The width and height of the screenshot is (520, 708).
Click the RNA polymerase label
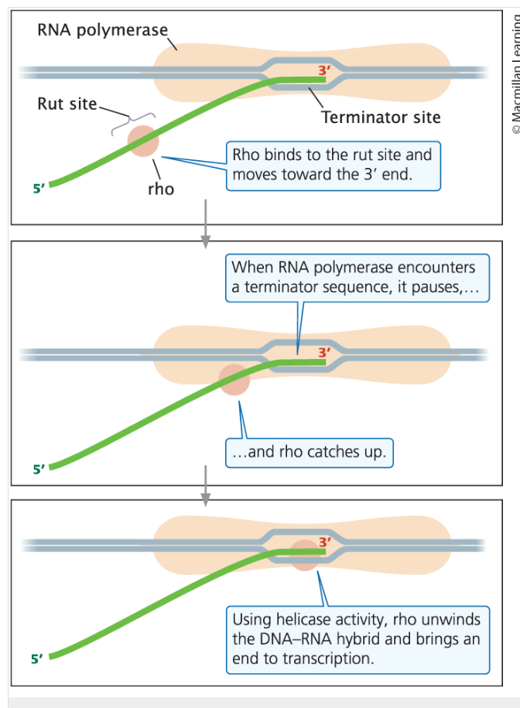point(102,30)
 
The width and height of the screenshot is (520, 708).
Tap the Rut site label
point(67,104)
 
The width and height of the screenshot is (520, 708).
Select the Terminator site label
point(381,118)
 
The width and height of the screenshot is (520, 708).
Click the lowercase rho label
point(160,188)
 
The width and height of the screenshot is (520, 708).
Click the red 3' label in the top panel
point(324,71)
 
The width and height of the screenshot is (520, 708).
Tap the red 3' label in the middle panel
point(324,352)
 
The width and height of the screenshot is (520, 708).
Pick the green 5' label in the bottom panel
point(37,659)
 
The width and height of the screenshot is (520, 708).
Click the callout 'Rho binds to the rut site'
point(333,165)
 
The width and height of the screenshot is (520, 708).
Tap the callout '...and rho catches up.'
point(310,452)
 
